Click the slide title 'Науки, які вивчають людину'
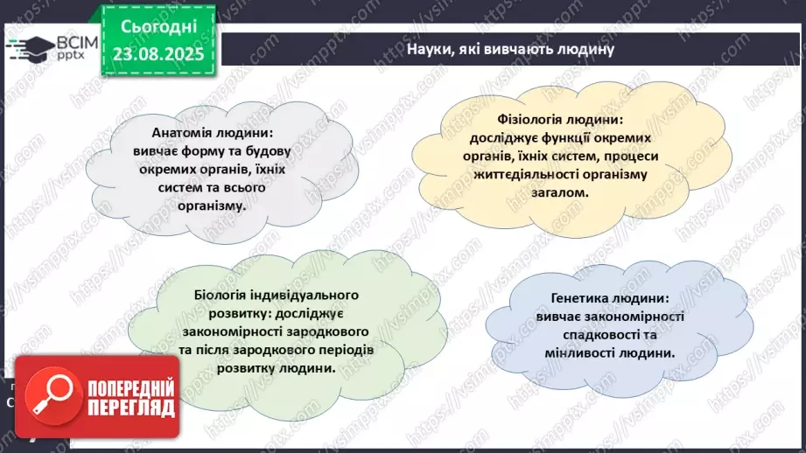(x=510, y=49)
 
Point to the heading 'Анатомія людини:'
(x=200, y=133)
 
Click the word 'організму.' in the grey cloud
(x=211, y=206)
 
